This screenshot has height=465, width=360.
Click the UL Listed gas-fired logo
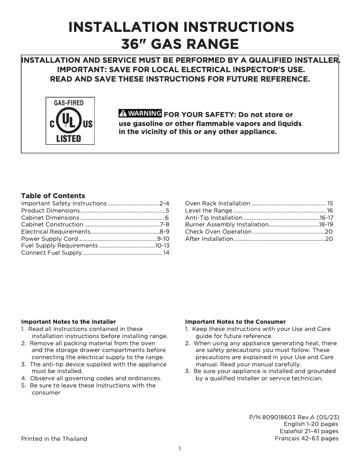pos(70,120)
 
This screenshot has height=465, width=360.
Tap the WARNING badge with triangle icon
pos(140,113)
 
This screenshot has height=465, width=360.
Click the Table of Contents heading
pos(53,196)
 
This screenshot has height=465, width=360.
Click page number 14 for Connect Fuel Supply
pos(166,253)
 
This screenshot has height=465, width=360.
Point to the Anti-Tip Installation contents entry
pos(214,217)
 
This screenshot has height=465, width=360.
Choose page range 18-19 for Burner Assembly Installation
pos(326,225)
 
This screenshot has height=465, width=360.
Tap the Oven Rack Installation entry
pos(218,203)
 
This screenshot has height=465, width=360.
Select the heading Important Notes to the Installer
pos(68,322)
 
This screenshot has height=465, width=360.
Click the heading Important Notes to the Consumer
pos(235,322)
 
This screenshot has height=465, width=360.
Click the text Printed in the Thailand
pos(54,439)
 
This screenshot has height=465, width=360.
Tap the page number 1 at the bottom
pos(180,449)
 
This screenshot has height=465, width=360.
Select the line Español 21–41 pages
pos(309,431)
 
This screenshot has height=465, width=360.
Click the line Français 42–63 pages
pos(307,439)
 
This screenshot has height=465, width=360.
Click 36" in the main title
pos(135,44)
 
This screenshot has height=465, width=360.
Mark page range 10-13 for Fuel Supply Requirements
pos(162,246)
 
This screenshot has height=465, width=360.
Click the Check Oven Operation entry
pos(218,232)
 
